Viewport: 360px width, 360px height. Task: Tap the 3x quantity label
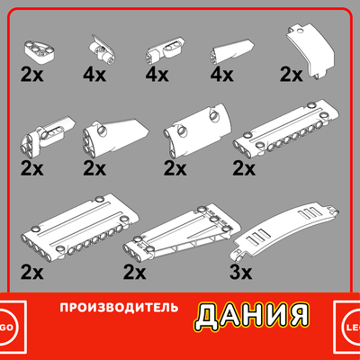click(240, 273)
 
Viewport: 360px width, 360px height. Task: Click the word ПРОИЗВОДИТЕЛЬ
click(119, 308)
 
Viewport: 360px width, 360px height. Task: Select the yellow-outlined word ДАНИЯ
click(252, 315)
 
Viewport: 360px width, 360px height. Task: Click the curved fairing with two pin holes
click(197, 130)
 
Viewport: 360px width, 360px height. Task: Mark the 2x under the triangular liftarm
click(32, 76)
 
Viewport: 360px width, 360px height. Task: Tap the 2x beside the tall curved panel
click(291, 75)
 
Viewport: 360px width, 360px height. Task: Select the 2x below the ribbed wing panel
click(134, 273)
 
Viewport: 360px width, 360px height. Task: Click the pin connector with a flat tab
click(102, 49)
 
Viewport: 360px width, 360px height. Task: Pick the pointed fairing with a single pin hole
click(115, 138)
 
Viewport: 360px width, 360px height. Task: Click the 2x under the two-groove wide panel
click(32, 273)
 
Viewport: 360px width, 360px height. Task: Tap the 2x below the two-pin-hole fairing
click(175, 169)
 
